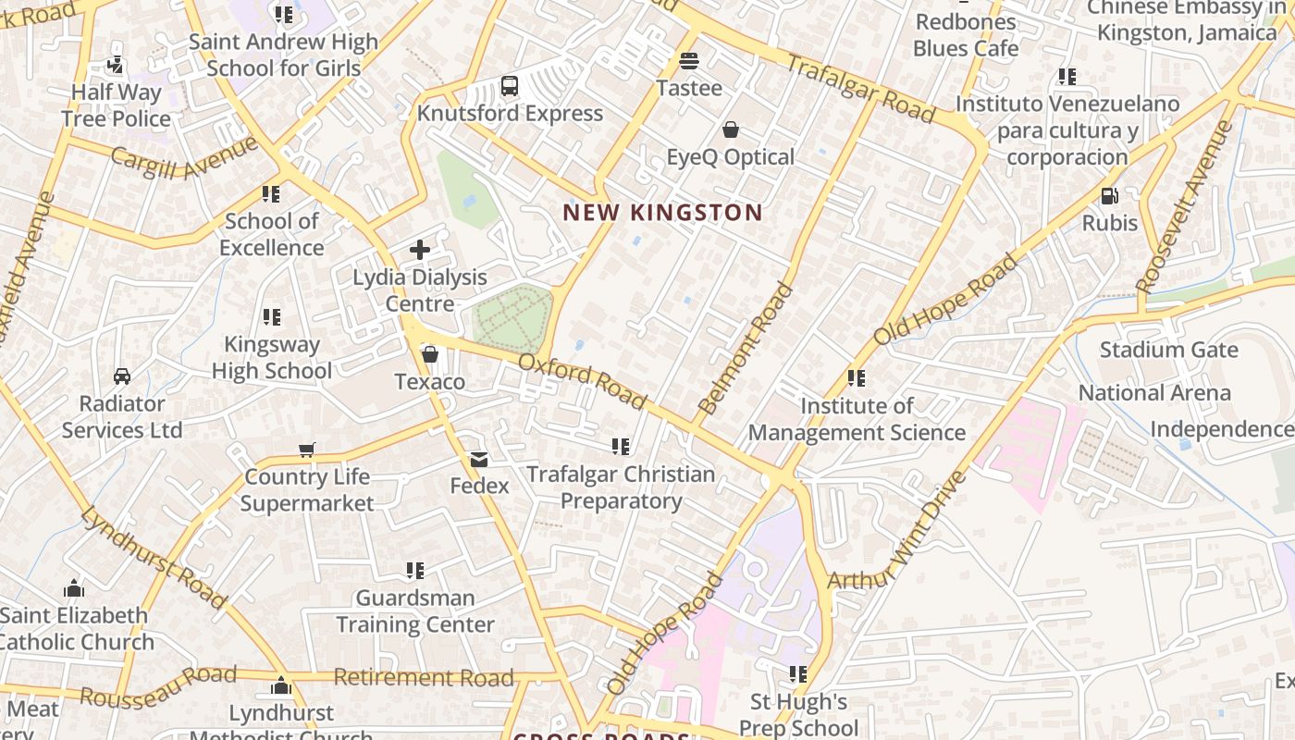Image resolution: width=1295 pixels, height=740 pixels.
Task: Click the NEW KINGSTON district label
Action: coord(662,213)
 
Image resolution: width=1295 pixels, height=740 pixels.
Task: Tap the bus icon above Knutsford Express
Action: coord(509,86)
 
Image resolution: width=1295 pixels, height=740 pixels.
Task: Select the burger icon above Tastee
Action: coord(688,61)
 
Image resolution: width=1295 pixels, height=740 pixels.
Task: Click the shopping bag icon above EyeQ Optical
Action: coord(731,129)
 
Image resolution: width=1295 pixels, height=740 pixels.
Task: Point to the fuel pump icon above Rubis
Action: coord(1109,196)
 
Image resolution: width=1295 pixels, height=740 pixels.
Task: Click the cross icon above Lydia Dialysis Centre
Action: coord(420,250)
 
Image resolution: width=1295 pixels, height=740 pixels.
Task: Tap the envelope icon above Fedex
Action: coord(479,460)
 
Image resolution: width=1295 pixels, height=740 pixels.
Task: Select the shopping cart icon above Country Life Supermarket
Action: coord(307,450)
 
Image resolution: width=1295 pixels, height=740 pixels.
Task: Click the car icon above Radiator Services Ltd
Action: coord(121,376)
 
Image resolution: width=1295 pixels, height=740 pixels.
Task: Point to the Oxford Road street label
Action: coord(582,381)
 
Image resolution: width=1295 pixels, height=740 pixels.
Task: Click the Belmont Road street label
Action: coord(746,349)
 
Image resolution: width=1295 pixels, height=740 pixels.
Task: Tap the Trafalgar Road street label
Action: coord(860,88)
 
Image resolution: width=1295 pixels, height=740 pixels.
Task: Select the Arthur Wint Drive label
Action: coord(897,531)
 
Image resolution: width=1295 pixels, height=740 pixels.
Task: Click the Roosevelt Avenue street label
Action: coord(1186,205)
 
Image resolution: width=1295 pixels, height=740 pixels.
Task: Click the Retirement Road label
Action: coord(423,678)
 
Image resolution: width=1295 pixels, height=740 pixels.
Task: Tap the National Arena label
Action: coord(1154,393)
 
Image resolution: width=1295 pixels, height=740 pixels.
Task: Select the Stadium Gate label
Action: coord(1168,350)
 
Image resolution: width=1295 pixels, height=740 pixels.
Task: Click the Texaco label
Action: coord(429,382)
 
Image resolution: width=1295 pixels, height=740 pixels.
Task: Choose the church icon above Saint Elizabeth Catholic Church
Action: coord(74,589)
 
